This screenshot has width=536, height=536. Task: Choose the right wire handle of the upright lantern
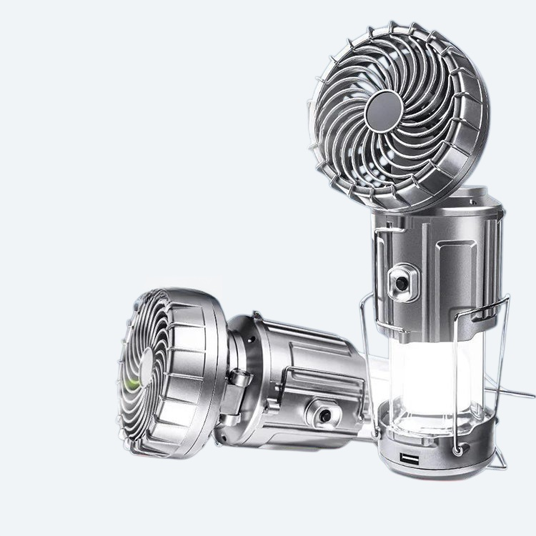pyautogui.click(x=500, y=357)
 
